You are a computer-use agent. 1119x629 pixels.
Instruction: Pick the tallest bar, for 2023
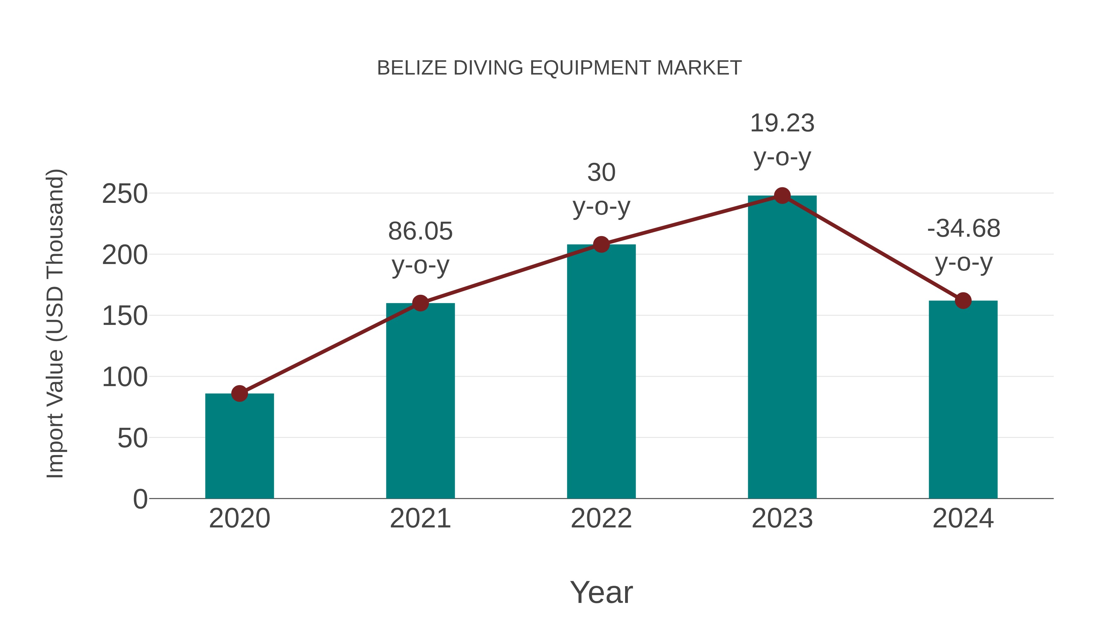pos(782,347)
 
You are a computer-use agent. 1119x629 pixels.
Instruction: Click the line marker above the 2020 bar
pos(239,393)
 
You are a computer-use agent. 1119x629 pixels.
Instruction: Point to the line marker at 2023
pos(782,196)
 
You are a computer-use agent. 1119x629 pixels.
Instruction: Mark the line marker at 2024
pos(963,300)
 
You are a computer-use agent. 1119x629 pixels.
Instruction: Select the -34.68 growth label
pos(963,228)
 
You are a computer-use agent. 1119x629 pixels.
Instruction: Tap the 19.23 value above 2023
pos(782,123)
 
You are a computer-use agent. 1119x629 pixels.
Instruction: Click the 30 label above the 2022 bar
pos(601,173)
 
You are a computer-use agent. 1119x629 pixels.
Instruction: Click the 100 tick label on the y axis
pos(125,377)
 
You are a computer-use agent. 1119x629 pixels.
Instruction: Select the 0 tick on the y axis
pos(140,499)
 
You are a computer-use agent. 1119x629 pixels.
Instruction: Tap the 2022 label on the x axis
pos(601,518)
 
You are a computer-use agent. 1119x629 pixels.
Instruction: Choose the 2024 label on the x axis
pos(963,518)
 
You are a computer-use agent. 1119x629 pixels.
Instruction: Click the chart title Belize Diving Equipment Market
pos(559,68)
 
